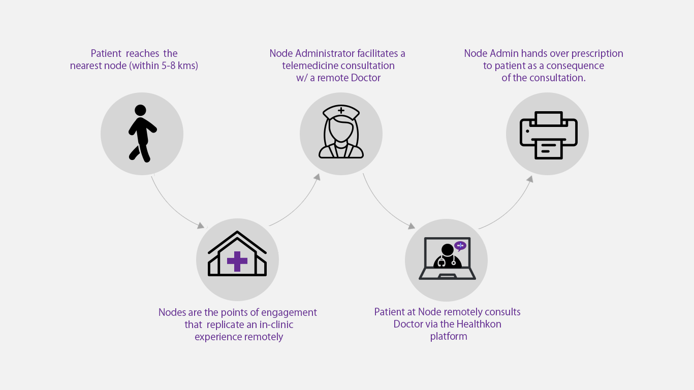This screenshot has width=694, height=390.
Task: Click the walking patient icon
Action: coord(141,134)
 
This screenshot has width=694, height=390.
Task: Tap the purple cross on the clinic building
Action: coord(237,261)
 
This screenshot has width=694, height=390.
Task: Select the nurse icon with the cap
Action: coord(341,133)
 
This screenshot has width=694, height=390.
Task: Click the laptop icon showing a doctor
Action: coord(447,259)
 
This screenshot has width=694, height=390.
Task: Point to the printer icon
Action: coord(548,135)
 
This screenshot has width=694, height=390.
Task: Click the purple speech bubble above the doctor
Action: coord(460,246)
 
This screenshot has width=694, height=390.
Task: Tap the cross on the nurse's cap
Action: coord(341,110)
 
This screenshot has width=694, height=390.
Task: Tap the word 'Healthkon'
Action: coord(479,324)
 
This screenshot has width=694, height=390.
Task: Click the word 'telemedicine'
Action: coord(313,66)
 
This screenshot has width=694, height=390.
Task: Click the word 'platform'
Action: coord(449,336)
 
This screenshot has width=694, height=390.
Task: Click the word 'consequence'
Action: coord(575,66)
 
